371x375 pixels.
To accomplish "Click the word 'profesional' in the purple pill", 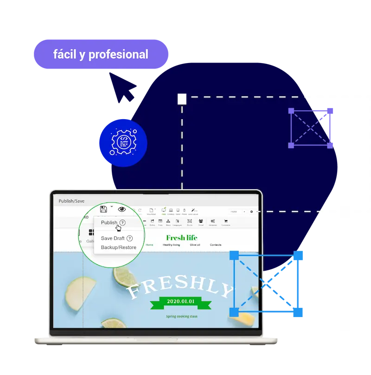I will point(118,55).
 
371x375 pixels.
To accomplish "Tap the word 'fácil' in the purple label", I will point(64,54).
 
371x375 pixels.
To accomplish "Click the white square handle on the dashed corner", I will point(182,99).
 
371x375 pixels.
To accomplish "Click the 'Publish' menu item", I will point(109,222).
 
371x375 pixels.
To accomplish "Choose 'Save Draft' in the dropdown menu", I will point(113,238).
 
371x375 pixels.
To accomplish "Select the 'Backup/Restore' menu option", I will point(119,248).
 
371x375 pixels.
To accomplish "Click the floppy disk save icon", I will point(103,209).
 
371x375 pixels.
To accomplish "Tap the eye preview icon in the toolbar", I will point(122,209).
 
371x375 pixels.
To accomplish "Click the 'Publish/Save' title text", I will point(71,201).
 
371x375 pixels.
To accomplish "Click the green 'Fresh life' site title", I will point(181,238).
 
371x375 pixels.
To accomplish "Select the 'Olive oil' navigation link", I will point(195,245).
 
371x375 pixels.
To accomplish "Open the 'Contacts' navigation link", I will point(216,245).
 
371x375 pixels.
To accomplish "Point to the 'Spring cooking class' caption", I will point(182,317).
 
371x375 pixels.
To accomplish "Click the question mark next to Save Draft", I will point(130,238).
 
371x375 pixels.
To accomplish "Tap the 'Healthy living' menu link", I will point(171,245).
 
